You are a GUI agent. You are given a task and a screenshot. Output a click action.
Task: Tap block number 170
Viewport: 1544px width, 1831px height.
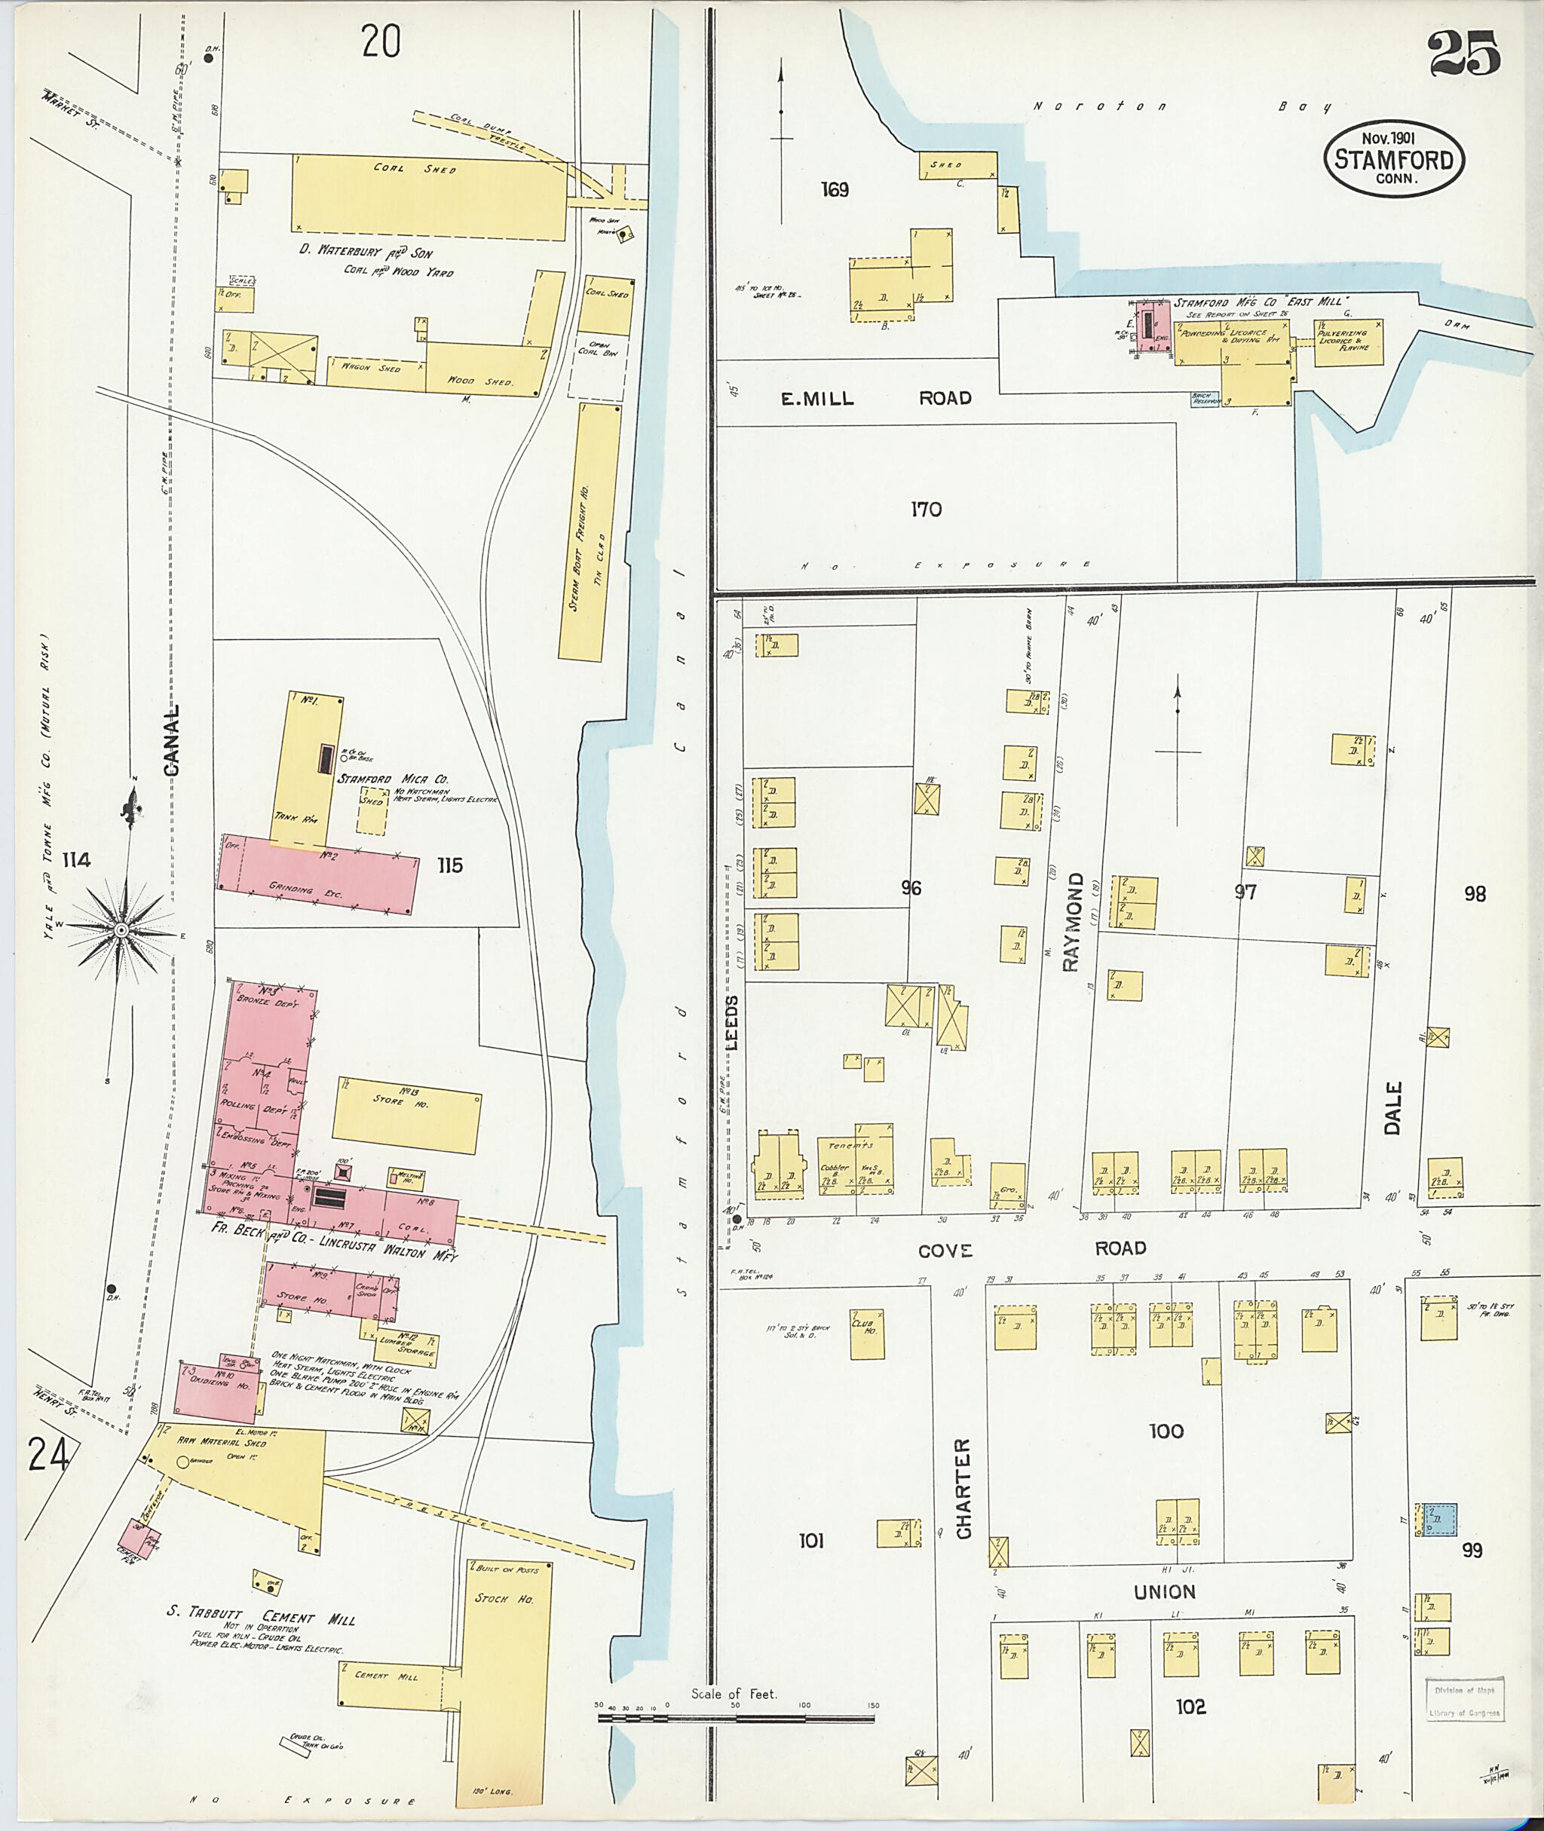coord(925,510)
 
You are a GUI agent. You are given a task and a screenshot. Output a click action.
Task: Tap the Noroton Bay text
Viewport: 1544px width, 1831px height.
coord(1181,107)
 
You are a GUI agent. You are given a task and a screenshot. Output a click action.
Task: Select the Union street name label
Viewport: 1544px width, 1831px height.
coord(1164,1592)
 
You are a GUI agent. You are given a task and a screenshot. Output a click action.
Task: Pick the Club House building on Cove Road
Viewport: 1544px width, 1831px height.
coord(866,1334)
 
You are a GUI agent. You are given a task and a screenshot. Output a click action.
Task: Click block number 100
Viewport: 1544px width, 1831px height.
coord(1166,1431)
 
